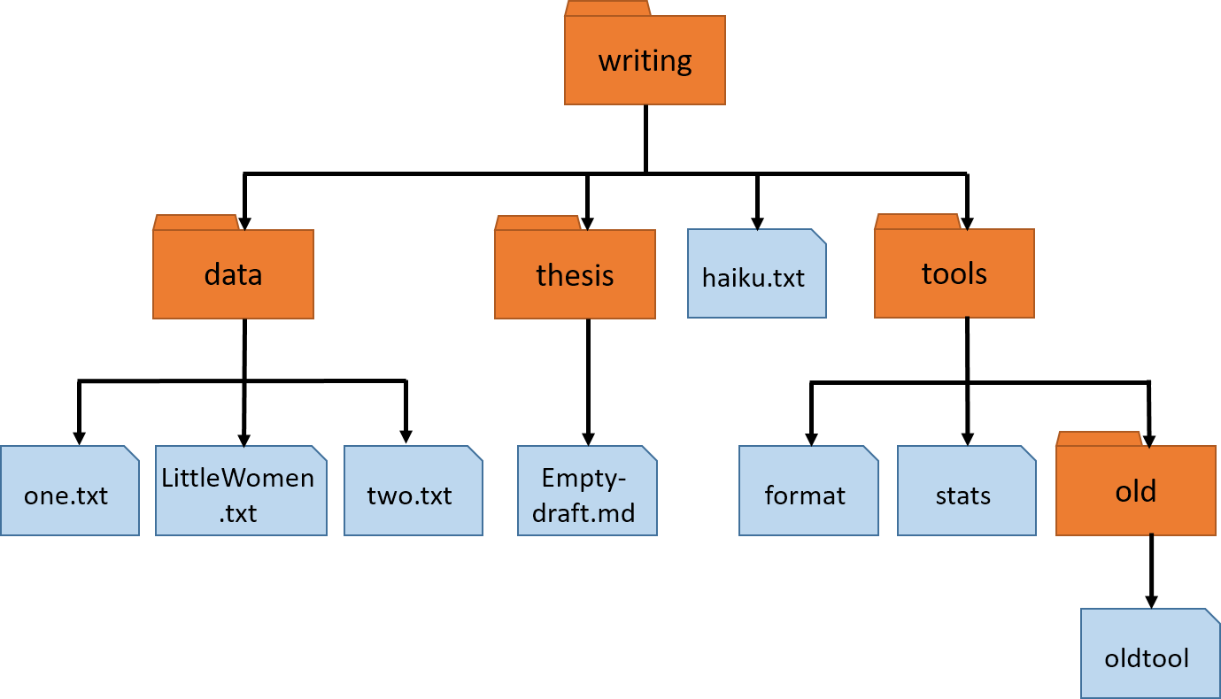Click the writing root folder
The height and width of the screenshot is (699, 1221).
(x=645, y=61)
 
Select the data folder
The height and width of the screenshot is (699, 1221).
(x=233, y=274)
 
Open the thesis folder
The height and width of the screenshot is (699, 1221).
(x=575, y=274)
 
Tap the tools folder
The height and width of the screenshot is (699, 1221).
(x=954, y=273)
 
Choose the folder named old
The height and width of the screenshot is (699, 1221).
(x=1135, y=490)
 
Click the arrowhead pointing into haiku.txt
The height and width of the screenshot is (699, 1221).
(x=756, y=222)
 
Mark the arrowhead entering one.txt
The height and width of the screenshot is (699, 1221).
(x=79, y=437)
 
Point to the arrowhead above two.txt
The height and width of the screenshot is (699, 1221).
(x=406, y=436)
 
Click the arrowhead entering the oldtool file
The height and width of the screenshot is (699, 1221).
(x=1150, y=600)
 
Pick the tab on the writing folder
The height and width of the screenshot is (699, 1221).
(x=607, y=9)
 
